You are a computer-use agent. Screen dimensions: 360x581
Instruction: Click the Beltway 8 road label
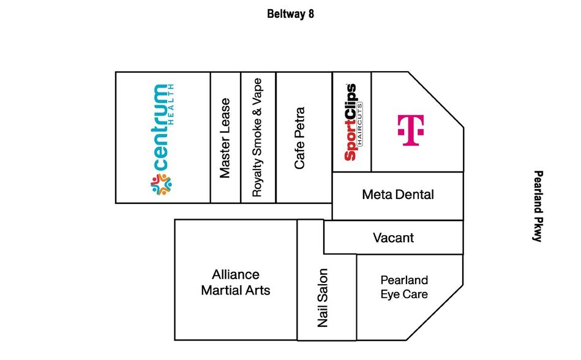[291, 13]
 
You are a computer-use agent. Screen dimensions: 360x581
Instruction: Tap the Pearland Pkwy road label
[538, 206]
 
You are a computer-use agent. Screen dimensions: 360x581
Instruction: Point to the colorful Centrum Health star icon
[160, 185]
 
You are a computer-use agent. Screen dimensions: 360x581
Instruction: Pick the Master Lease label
[225, 138]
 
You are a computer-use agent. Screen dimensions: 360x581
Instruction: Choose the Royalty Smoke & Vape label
[258, 137]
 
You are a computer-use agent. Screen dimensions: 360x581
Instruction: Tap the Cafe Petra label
[300, 138]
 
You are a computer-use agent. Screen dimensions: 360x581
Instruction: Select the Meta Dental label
[398, 195]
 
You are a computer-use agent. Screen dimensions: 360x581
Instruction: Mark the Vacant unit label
[394, 238]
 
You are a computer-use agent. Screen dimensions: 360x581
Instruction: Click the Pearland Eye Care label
[404, 287]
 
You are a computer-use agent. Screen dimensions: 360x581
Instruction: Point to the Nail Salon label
[323, 298]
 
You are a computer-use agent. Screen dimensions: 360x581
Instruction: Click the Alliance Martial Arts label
[236, 282]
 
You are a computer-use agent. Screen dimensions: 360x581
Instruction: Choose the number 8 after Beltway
[311, 13]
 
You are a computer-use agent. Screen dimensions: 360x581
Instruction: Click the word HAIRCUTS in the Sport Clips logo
[361, 122]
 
